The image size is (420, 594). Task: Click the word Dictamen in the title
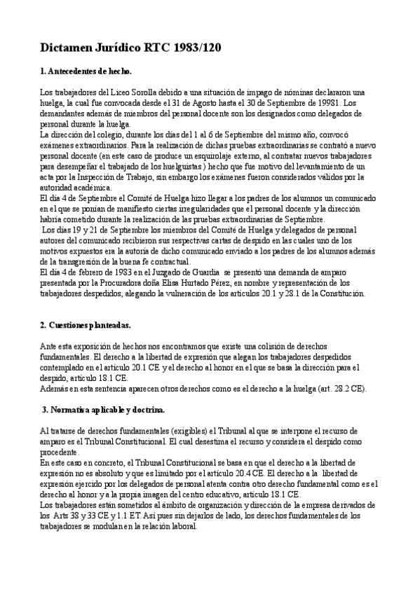[69, 48]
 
